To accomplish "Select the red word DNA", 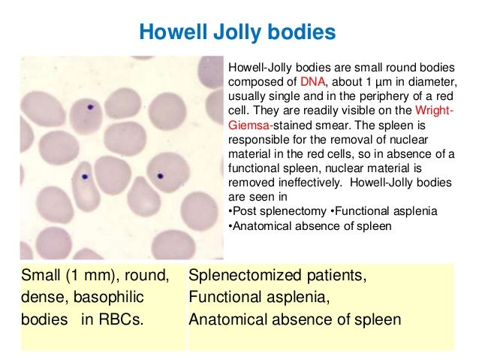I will (x=312, y=81).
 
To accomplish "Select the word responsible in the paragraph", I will (x=258, y=139).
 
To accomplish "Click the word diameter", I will (x=429, y=81).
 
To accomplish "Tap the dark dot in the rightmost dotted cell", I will (x=160, y=177).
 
